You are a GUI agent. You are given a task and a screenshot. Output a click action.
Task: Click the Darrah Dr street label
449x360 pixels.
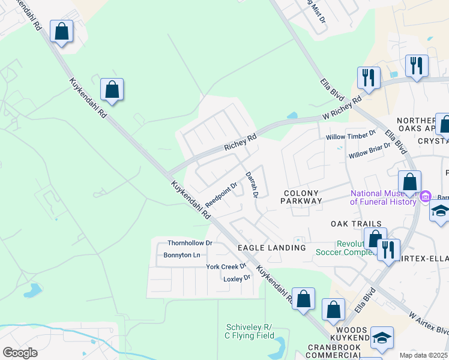[x=251, y=185]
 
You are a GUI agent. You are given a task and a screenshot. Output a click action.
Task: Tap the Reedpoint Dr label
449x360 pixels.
[x=221, y=193]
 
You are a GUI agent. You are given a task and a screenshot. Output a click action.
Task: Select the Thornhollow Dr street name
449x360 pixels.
[x=190, y=243]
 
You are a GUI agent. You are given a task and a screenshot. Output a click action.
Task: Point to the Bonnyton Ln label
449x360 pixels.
[x=182, y=255]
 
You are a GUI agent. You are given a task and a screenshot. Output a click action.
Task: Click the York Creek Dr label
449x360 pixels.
[x=226, y=266]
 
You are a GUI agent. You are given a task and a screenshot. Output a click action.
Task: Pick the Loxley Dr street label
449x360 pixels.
[x=237, y=278]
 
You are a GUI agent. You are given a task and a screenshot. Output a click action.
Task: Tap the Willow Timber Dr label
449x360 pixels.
[x=351, y=137]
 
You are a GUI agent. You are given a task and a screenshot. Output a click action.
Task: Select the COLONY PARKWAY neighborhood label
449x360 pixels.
[x=301, y=197]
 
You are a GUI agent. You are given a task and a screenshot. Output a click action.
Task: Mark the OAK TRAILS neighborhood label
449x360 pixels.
[x=356, y=224]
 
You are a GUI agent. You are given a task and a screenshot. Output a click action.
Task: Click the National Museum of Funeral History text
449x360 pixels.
[x=384, y=197]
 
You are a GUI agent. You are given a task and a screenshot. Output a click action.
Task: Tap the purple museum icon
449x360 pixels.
[x=426, y=196]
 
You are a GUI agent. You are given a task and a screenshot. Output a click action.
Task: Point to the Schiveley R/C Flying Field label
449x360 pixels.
[x=250, y=331]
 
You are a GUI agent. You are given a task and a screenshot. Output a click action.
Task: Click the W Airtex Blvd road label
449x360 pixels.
[x=429, y=323]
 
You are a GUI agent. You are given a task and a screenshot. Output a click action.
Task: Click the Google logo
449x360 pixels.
[x=20, y=353]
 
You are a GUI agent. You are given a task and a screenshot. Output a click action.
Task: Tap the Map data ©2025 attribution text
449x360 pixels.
[x=424, y=355]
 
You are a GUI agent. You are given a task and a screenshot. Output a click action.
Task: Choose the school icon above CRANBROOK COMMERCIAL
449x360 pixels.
[x=382, y=338]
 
